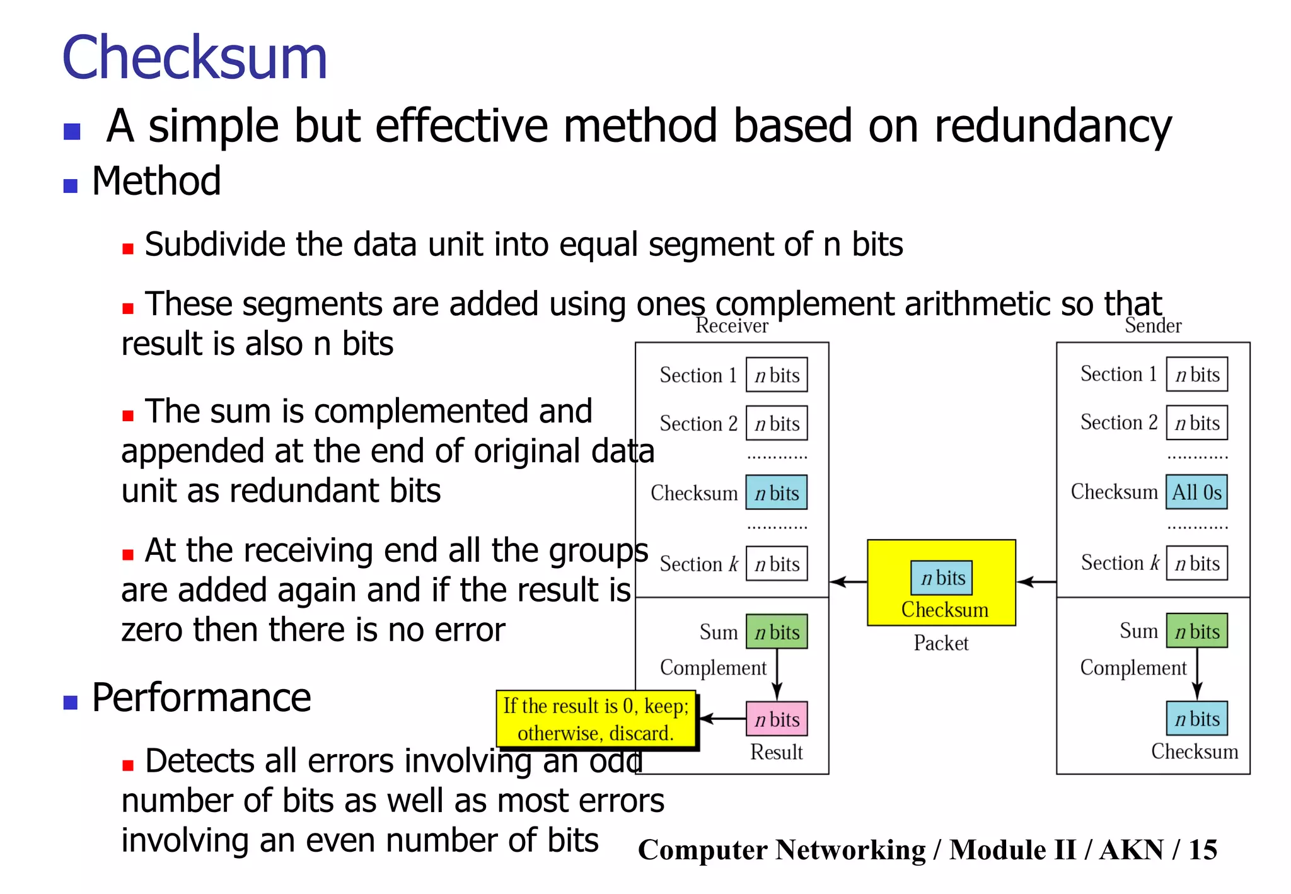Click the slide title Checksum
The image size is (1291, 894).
tap(194, 58)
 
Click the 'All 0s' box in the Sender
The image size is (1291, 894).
tap(1196, 492)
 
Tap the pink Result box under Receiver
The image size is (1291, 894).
tap(777, 719)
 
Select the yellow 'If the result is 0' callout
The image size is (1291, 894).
tap(596, 719)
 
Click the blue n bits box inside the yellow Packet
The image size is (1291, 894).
tap(942, 578)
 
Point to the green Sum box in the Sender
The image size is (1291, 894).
tap(1196, 631)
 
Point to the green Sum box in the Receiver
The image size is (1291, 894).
tap(777, 632)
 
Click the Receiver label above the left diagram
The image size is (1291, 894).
tap(732, 326)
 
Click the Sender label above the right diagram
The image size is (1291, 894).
tap(1153, 326)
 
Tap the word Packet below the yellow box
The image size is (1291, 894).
tap(941, 643)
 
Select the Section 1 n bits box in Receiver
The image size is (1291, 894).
tap(777, 375)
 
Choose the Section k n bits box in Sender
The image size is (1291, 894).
tap(1196, 563)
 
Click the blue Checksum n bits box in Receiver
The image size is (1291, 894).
tap(777, 493)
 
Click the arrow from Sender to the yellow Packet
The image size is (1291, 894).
tap(1036, 581)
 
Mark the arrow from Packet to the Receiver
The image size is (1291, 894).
tap(848, 581)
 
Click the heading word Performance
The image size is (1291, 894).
tap(201, 698)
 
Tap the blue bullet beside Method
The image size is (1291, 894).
tap(71, 186)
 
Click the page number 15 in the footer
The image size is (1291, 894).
tap(1203, 850)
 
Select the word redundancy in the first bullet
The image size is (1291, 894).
tap(1053, 126)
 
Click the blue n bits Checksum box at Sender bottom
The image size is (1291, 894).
tap(1196, 719)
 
